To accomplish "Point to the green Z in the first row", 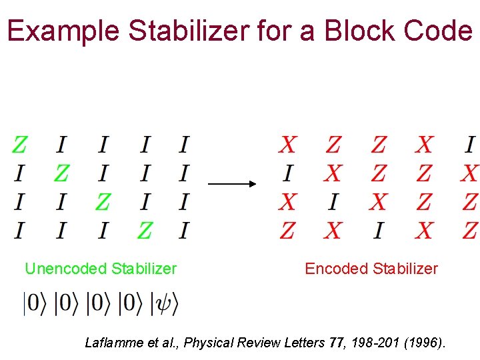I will coord(20,144).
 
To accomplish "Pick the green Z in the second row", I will coord(61,173).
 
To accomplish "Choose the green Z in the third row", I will coord(103,201).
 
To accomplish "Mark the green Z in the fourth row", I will coord(144,231).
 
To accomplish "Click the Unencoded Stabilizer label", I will coord(101,269).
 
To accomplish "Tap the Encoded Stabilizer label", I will coord(371,269).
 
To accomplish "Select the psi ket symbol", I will coord(165,304).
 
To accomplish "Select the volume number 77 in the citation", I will coord(337,343).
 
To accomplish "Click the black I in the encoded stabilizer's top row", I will coord(470,144).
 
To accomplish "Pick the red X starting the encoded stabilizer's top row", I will coord(288,144).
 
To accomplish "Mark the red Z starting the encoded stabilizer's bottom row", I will coord(288,231).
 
